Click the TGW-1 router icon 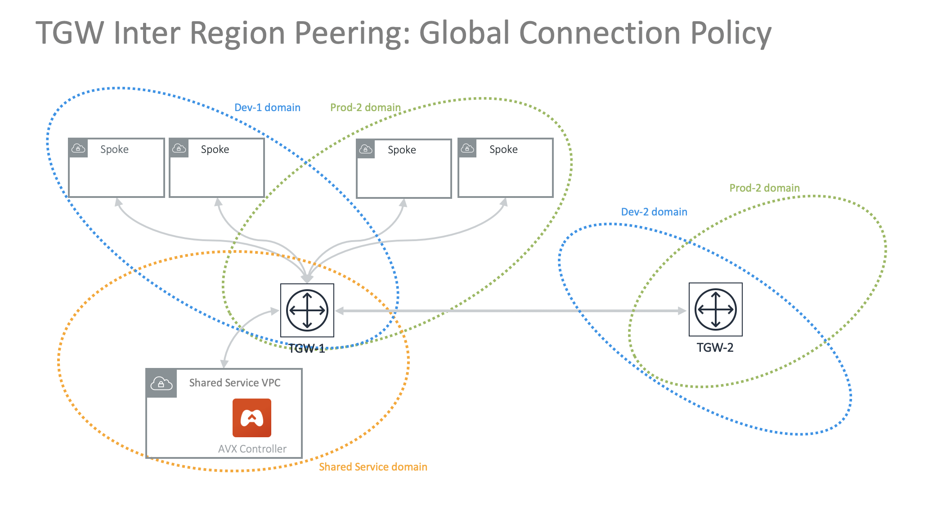coord(307,310)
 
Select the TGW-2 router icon coord(715,309)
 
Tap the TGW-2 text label coord(715,348)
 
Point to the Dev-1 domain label coord(267,108)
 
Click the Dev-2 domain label coord(654,212)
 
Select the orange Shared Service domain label coord(373,467)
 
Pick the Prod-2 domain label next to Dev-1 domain coord(365,108)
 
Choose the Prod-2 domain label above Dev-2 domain coord(764,188)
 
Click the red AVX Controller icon coord(252,418)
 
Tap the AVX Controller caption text coord(252,449)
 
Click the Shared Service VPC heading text coord(234,383)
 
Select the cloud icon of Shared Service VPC coord(161,383)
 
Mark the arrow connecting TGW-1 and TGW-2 coord(511,310)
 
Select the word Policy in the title coord(731,33)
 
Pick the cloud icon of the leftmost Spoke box coord(78,148)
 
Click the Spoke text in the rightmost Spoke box coord(503,149)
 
